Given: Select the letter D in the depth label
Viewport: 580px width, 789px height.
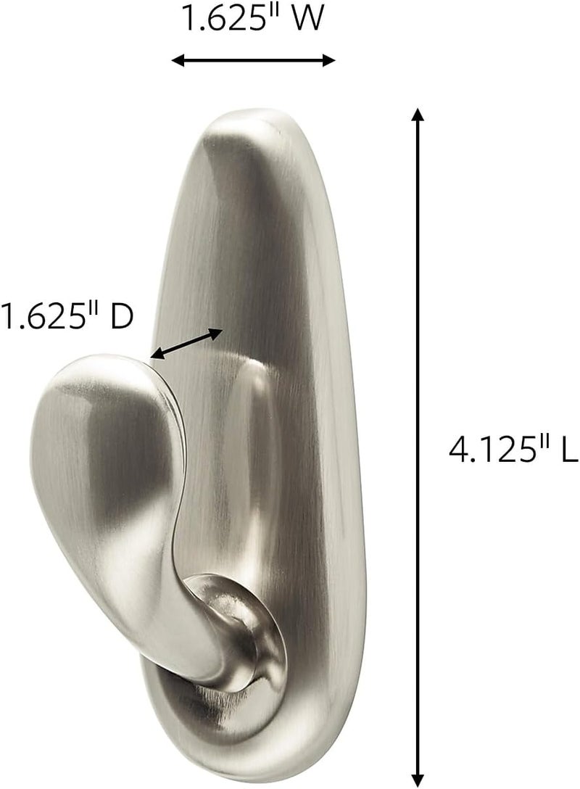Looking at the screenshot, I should click(121, 318).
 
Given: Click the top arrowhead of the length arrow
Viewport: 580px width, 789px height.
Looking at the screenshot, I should click(417, 115).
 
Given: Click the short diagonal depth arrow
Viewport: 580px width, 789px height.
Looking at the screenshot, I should click(186, 344).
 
